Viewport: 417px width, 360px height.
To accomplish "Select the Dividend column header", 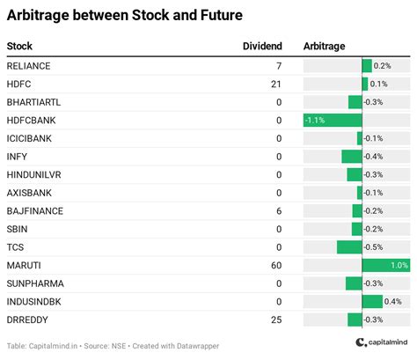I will tap(261, 46).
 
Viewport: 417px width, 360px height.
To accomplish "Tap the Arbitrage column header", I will tap(324, 46).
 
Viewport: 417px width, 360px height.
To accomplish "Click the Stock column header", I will tap(20, 46).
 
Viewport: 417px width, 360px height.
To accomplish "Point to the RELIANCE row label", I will tap(28, 66).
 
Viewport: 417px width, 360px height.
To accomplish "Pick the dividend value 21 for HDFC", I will tap(275, 84).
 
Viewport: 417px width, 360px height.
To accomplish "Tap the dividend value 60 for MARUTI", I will tap(275, 265).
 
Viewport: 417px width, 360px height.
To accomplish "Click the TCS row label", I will tap(15, 247).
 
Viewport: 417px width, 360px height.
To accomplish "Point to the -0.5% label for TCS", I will tap(374, 247).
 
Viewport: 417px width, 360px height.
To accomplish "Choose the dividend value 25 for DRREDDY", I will tap(275, 320).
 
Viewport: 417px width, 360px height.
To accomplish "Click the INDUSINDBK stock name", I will tap(33, 301).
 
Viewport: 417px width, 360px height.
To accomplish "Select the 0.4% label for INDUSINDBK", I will tap(392, 301).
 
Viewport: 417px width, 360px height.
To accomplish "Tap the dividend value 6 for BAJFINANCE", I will tap(278, 211).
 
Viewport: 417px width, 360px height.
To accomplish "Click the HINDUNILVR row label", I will tap(33, 174).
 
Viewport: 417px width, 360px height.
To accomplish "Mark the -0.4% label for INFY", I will tap(374, 157).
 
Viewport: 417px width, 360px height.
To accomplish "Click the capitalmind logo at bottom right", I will tap(383, 343).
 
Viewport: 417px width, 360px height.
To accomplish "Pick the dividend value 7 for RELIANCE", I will tap(278, 66).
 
